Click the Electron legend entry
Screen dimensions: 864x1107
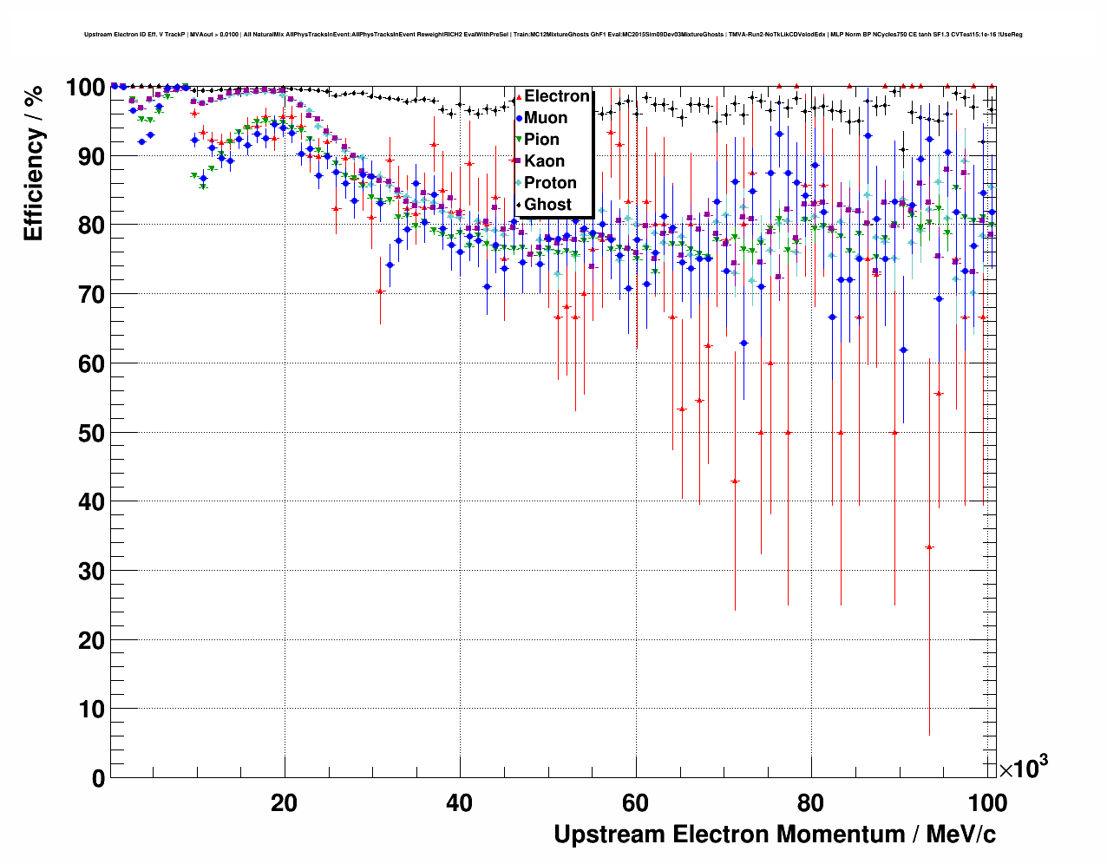(556, 96)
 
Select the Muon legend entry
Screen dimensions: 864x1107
(546, 118)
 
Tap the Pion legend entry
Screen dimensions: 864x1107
(541, 140)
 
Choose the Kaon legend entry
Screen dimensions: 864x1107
(544, 161)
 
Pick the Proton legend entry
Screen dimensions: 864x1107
(550, 183)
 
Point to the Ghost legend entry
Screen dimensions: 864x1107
(547, 205)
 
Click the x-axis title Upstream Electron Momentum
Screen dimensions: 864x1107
(774, 835)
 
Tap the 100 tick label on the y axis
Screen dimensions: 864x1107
(85, 88)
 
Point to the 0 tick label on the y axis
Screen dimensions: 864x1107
(99, 779)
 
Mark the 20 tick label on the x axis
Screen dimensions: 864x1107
(284, 803)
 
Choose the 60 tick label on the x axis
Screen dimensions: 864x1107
(635, 803)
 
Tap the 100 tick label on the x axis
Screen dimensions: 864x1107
(987, 803)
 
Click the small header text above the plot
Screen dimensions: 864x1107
(553, 35)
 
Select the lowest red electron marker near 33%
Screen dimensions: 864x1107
(929, 547)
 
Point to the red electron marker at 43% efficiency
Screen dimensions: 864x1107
(735, 481)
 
